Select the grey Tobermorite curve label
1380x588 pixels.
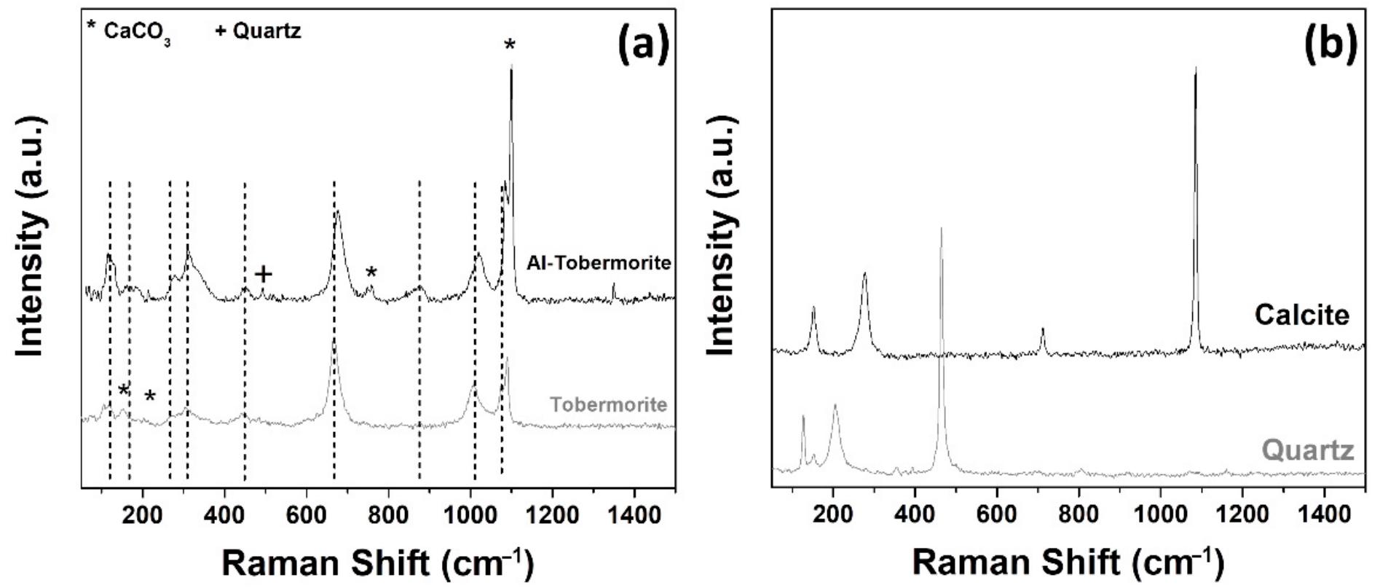tap(608, 404)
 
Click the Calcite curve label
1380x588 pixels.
tap(1301, 315)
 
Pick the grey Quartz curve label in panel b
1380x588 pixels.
tap(1308, 450)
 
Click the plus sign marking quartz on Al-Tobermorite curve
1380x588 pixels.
tap(264, 275)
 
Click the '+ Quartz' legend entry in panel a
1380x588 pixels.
tap(259, 31)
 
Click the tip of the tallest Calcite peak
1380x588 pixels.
tap(1195, 69)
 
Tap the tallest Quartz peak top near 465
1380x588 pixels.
tap(942, 230)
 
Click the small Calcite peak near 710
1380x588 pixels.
tap(1042, 330)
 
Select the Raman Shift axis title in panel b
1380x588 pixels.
tap(1068, 562)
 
